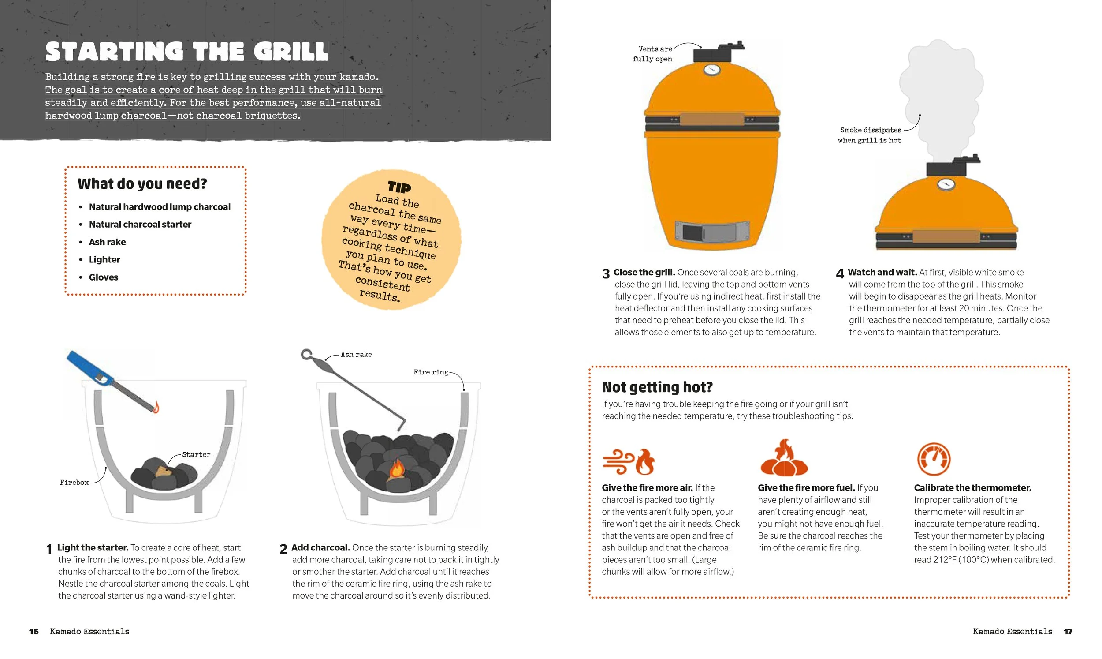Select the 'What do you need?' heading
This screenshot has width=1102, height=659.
pos(142,184)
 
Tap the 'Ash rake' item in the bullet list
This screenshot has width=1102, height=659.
pos(107,242)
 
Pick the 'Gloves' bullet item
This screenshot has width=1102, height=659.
pos(104,277)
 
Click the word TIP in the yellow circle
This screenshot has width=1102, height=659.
pos(399,187)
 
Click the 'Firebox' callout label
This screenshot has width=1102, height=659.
pos(74,483)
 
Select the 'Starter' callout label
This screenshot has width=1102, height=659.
pos(196,455)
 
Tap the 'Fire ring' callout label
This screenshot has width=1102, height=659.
pos(431,373)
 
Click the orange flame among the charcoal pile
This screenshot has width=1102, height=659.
pos(396,469)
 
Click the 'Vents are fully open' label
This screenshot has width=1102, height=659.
pos(652,54)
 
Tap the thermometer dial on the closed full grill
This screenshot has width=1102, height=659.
pos(712,70)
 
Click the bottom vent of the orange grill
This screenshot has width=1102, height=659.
pos(712,232)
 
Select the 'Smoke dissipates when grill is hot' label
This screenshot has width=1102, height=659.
pos(870,135)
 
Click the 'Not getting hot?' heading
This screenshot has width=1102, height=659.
pos(657,387)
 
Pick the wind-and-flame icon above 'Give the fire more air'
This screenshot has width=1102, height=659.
pos(628,462)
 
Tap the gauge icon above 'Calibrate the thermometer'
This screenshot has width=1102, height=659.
pos(934,459)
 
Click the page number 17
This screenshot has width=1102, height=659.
pos(1068,632)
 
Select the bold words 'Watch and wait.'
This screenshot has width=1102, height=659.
pos(882,272)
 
